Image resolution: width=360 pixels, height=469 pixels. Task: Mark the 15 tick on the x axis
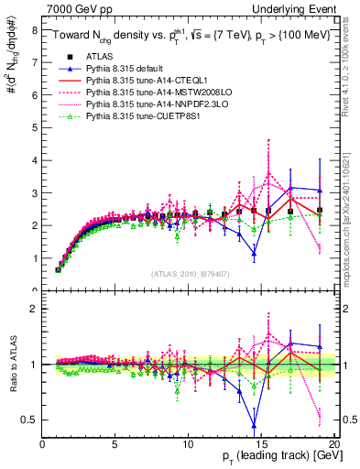point(261,445)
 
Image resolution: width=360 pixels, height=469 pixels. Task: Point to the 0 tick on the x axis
point(43,445)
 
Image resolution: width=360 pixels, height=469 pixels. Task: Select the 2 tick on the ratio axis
point(34,309)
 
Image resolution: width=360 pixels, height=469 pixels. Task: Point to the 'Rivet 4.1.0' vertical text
point(345,64)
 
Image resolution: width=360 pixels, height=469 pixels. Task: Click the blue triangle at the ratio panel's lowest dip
point(254,424)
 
